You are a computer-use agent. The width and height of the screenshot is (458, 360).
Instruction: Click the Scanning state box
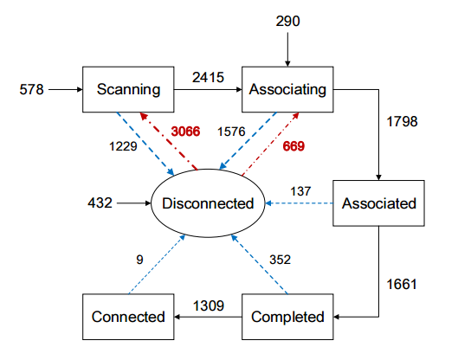(x=128, y=89)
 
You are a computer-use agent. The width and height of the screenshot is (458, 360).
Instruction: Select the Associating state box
(x=287, y=89)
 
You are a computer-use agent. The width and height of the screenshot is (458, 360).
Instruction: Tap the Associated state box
(x=378, y=203)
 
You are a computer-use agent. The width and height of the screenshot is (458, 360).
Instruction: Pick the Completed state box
(x=287, y=317)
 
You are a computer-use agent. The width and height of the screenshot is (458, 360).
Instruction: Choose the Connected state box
(x=128, y=317)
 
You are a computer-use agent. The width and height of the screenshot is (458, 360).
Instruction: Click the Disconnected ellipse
(x=208, y=203)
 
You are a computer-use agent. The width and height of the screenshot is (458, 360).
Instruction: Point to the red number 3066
(x=185, y=132)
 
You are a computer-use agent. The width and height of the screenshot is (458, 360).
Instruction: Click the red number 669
(x=294, y=146)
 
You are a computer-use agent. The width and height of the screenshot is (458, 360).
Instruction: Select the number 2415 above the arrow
(x=208, y=77)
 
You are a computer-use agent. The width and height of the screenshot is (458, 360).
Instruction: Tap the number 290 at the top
(x=287, y=22)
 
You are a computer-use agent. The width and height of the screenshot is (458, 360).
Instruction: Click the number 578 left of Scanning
(x=31, y=89)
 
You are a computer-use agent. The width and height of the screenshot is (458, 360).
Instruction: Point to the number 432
(x=100, y=202)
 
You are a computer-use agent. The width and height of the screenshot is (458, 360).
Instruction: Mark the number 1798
(x=402, y=121)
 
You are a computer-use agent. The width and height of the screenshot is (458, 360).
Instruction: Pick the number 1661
(x=402, y=284)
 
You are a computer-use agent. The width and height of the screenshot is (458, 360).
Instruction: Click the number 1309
(x=209, y=306)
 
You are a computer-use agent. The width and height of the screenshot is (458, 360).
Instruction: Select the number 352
(x=280, y=260)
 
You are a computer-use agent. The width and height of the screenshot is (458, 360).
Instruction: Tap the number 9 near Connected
(x=139, y=260)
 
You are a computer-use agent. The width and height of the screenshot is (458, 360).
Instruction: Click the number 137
(x=300, y=191)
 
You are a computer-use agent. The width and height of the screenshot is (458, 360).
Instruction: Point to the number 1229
(x=123, y=146)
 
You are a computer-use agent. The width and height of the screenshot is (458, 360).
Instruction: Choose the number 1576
(x=231, y=132)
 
